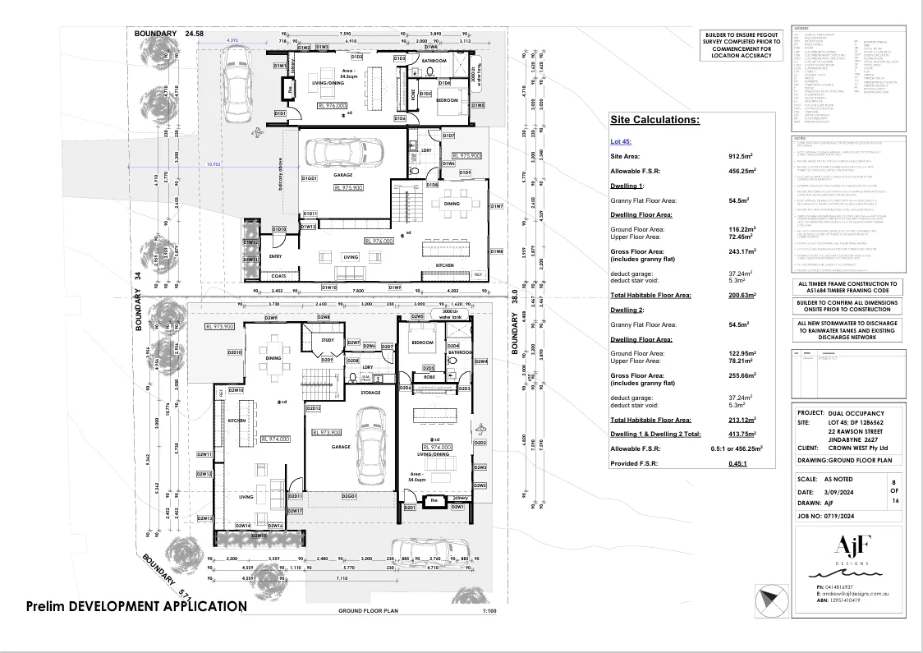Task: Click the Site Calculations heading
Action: tap(654, 120)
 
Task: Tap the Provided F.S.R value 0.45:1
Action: tap(737, 463)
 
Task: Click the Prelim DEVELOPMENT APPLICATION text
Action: tap(135, 606)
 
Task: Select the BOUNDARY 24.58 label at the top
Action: tap(169, 33)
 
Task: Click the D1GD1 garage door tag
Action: tap(309, 178)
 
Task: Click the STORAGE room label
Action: tap(370, 393)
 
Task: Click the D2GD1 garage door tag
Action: tap(349, 496)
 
